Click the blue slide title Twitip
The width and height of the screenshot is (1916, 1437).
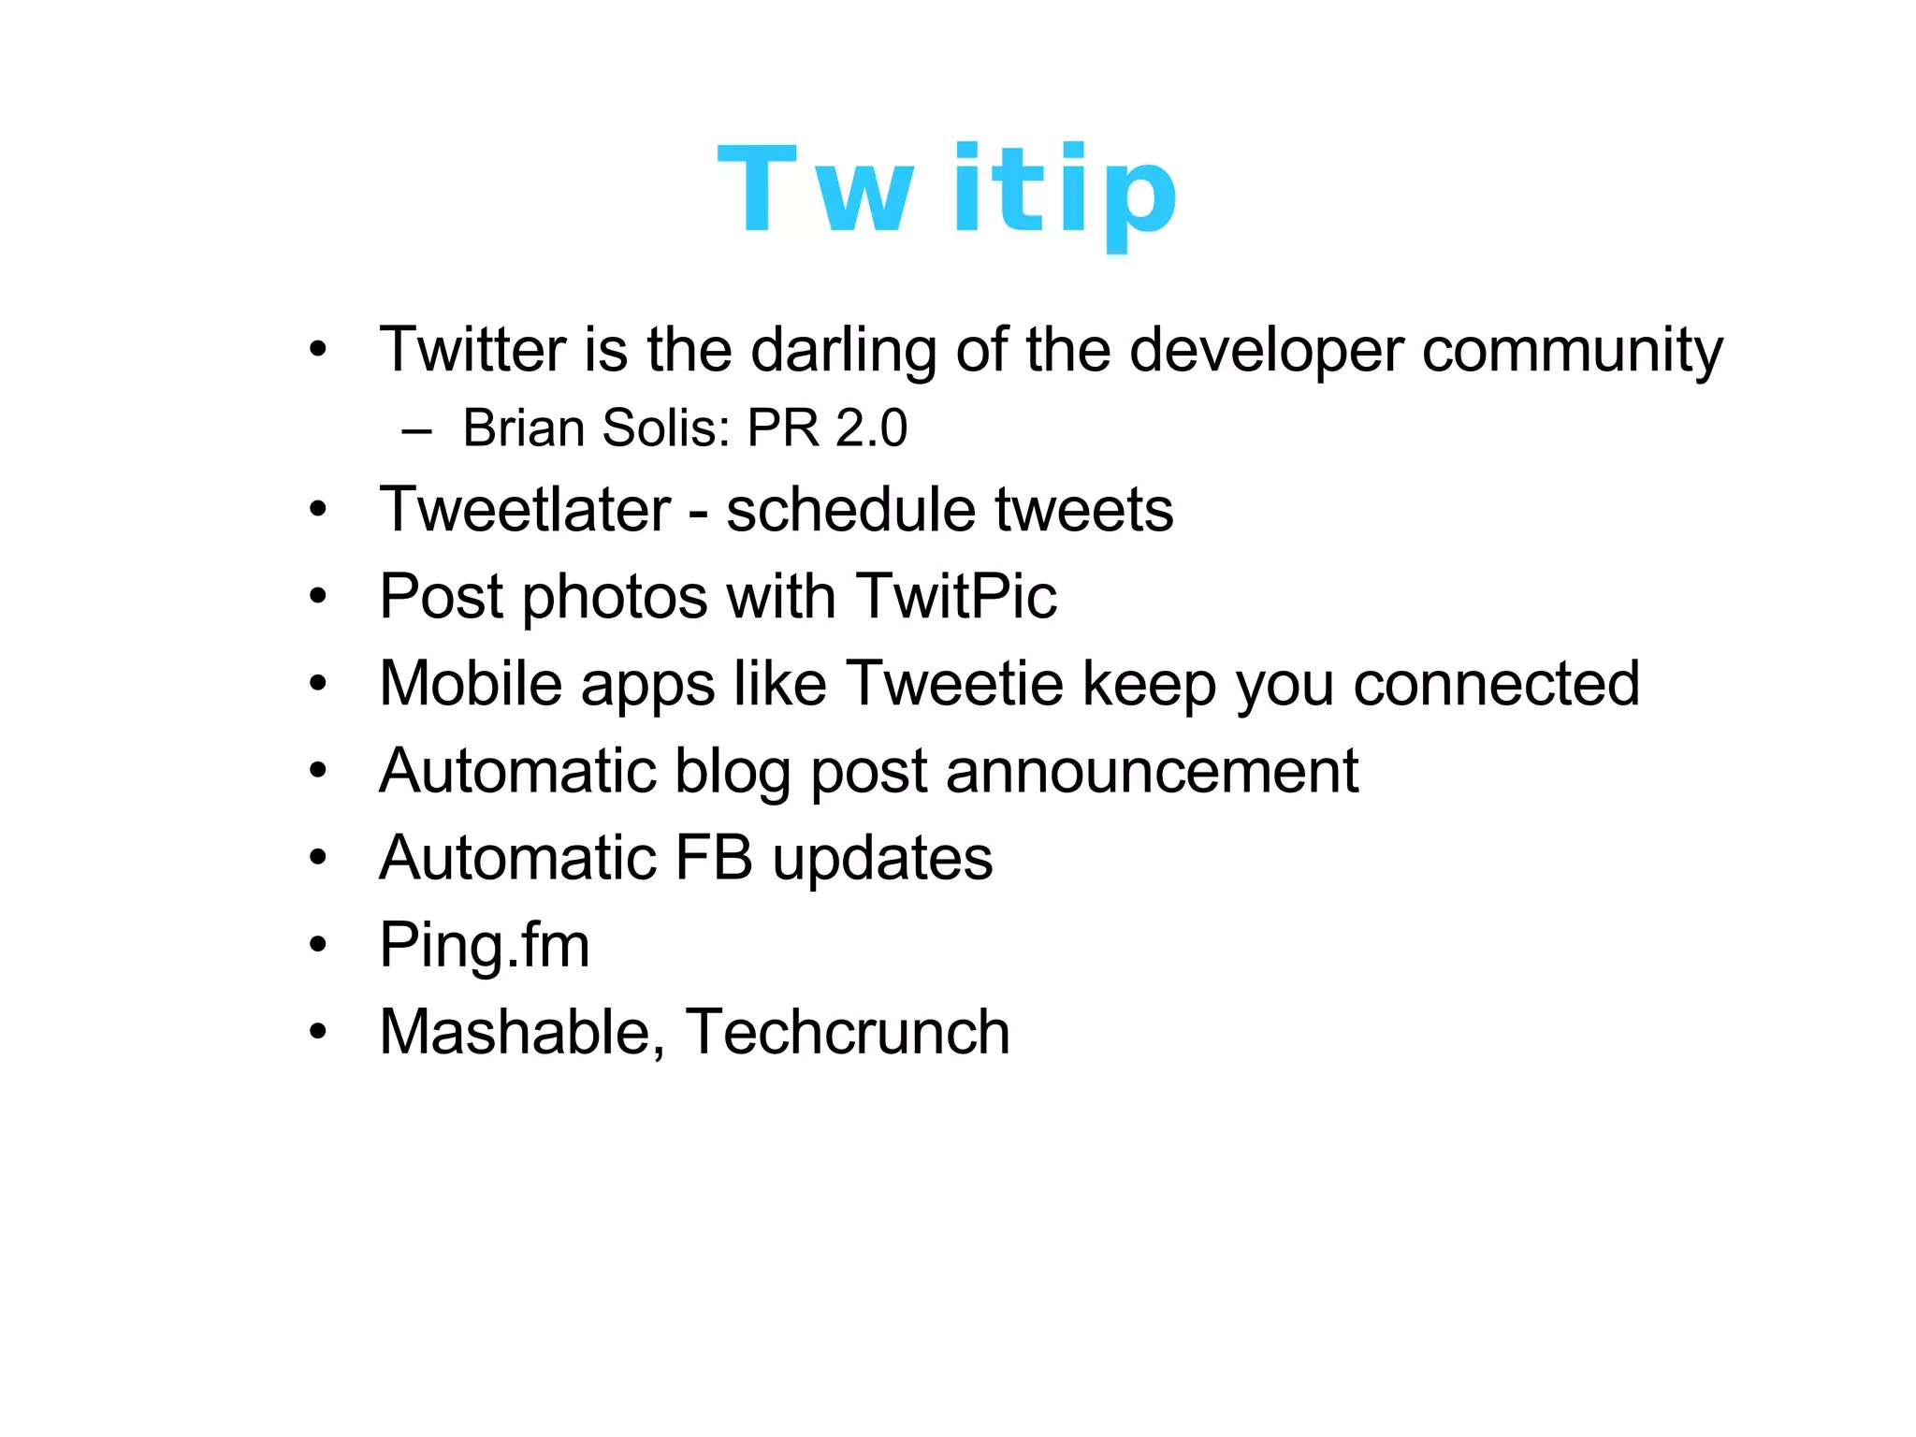(947, 192)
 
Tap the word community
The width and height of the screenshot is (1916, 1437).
(1572, 351)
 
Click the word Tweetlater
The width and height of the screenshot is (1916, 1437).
(525, 510)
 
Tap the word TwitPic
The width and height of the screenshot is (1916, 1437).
(955, 596)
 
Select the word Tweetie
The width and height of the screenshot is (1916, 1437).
(954, 683)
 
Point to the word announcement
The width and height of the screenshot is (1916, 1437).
(1151, 771)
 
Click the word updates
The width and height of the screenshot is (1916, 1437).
(882, 859)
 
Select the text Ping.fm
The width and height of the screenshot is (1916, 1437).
(485, 946)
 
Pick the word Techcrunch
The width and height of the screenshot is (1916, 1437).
(848, 1032)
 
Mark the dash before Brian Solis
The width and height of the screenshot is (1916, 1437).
(416, 431)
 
